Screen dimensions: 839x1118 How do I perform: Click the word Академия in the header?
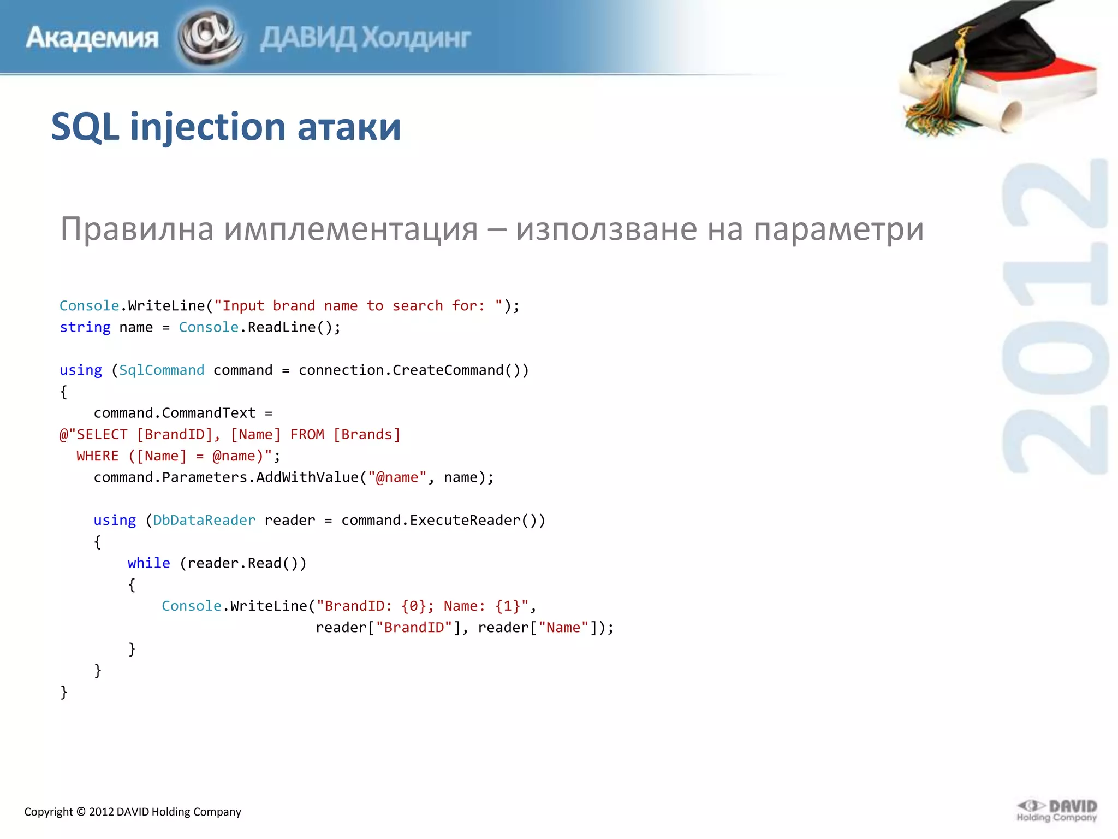tap(92, 38)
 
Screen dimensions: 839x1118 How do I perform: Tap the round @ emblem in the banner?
tap(209, 37)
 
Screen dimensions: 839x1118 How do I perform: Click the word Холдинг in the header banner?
tap(416, 38)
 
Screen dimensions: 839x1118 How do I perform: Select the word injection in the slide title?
tap(208, 127)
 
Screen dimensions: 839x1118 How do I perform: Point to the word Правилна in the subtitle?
tap(137, 229)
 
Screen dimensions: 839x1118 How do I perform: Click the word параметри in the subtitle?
tap(838, 230)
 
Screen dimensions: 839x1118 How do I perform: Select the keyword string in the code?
tap(85, 327)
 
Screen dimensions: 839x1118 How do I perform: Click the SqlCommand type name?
tap(162, 370)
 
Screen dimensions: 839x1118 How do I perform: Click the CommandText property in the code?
tap(209, 413)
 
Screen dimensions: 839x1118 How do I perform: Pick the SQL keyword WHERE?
tap(98, 456)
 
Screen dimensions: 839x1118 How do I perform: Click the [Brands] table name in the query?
tap(367, 435)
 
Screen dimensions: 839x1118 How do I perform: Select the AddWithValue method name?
tap(307, 477)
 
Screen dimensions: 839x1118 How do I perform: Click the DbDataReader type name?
tap(204, 521)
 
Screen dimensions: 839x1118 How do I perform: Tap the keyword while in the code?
tap(149, 563)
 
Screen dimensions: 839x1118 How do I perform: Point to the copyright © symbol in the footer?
tap(81, 812)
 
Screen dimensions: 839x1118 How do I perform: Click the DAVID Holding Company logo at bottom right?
tap(1057, 811)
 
